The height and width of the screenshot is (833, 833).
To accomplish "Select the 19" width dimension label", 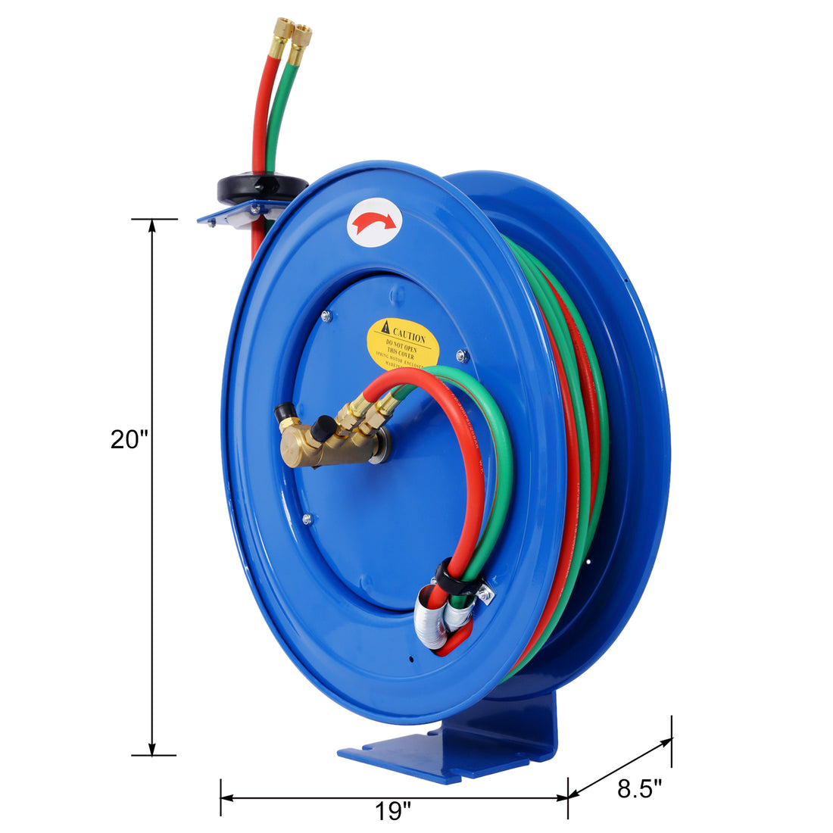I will pos(392,811).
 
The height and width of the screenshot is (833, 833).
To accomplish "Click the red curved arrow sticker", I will pos(373,222).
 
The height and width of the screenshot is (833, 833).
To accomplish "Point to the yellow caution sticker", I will pos(403,344).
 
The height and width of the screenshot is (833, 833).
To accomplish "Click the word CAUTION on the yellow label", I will pos(408,333).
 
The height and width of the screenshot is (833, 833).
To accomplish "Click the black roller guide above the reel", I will pos(261,187).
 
